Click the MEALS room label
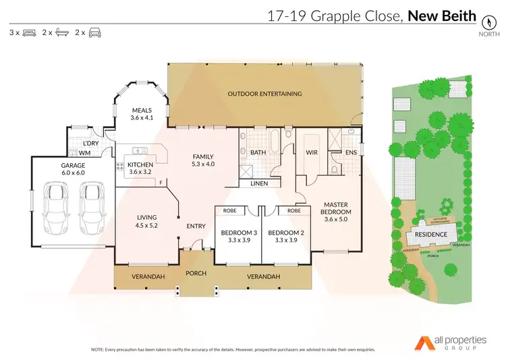pos(142,114)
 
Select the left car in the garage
pos(56,206)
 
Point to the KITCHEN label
pos(140,169)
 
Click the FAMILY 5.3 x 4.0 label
pos(202,159)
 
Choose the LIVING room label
pos(146,221)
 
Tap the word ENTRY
pos(196,226)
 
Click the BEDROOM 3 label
pos(235,237)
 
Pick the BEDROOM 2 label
pos(282,237)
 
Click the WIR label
pos(310,153)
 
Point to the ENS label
pos(351,153)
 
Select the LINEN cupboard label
pos(259,183)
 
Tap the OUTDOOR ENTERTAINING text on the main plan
pos(264,94)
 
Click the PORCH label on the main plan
pos(196,273)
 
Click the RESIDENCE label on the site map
pos(430,235)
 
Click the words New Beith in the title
pos(442,16)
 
